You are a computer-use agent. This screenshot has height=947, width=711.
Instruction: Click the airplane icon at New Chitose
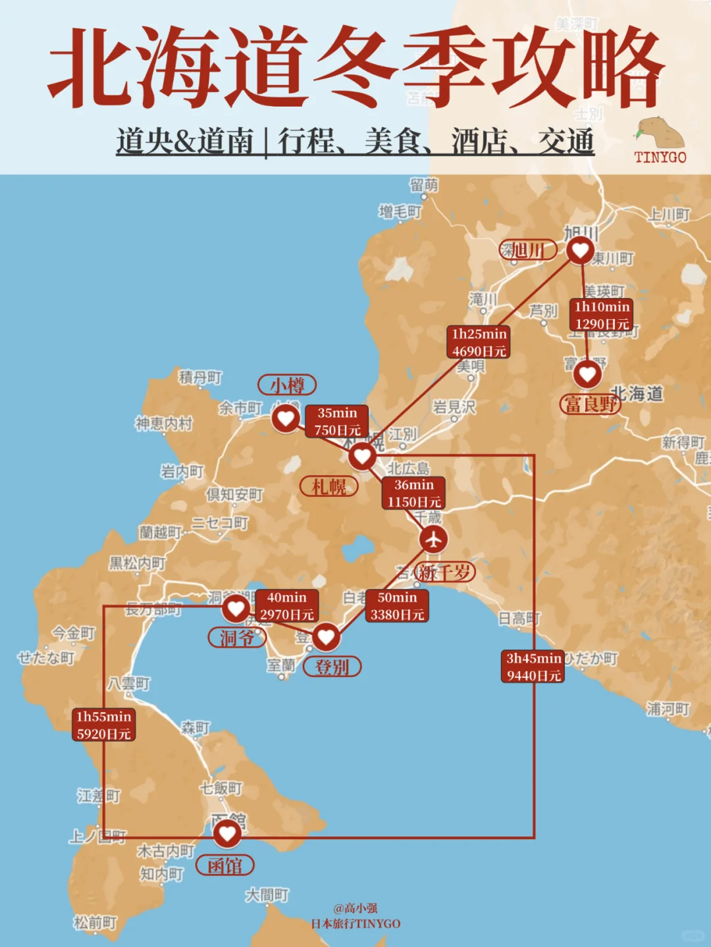433,539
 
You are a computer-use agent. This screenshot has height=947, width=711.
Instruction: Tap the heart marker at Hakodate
227,834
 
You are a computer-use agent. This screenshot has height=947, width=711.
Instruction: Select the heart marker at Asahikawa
580,249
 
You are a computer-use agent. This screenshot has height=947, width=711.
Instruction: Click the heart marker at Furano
587,374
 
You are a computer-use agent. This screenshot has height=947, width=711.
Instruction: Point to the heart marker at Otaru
286,418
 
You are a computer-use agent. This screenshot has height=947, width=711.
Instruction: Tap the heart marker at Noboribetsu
326,636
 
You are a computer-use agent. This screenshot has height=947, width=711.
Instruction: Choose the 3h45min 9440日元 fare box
534,667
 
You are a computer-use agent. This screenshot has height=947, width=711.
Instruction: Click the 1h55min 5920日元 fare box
103,725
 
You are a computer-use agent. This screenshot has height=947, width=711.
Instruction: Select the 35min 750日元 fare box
337,421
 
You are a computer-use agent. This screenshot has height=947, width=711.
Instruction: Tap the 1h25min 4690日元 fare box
479,342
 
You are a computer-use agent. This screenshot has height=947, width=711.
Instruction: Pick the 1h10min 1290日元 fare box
602,315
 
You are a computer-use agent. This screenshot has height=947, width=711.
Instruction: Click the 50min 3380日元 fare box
397,605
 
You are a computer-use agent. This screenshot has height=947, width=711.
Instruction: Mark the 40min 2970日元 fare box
287,605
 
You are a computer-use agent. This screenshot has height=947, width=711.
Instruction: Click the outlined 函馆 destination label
225,865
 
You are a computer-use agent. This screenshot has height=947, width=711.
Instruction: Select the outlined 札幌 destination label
329,487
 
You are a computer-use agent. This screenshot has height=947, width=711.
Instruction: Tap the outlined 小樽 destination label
287,385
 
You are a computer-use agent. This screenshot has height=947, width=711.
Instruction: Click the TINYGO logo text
660,157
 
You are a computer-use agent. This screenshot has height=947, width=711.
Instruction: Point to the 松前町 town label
95,923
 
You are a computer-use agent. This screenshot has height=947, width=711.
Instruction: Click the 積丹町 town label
200,378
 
